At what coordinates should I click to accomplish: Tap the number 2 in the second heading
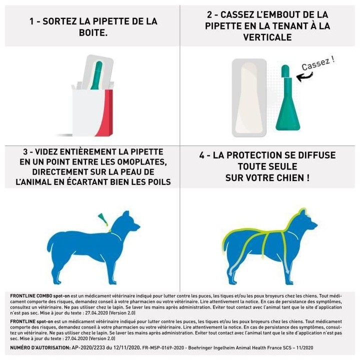click(x=209, y=15)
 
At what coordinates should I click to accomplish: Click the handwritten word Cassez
click(x=316, y=64)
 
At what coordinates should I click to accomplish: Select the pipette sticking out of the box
click(x=96, y=75)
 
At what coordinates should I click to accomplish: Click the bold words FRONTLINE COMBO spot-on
click(x=37, y=296)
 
